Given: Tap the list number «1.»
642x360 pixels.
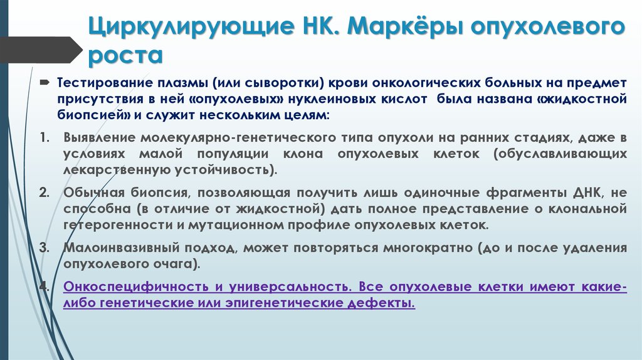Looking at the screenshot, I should pos(44,137).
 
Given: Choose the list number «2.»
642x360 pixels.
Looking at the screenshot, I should pos(44,192).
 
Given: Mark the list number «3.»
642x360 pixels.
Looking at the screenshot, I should pos(44,247).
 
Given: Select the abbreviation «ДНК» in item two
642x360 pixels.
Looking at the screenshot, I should pos(583,192).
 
